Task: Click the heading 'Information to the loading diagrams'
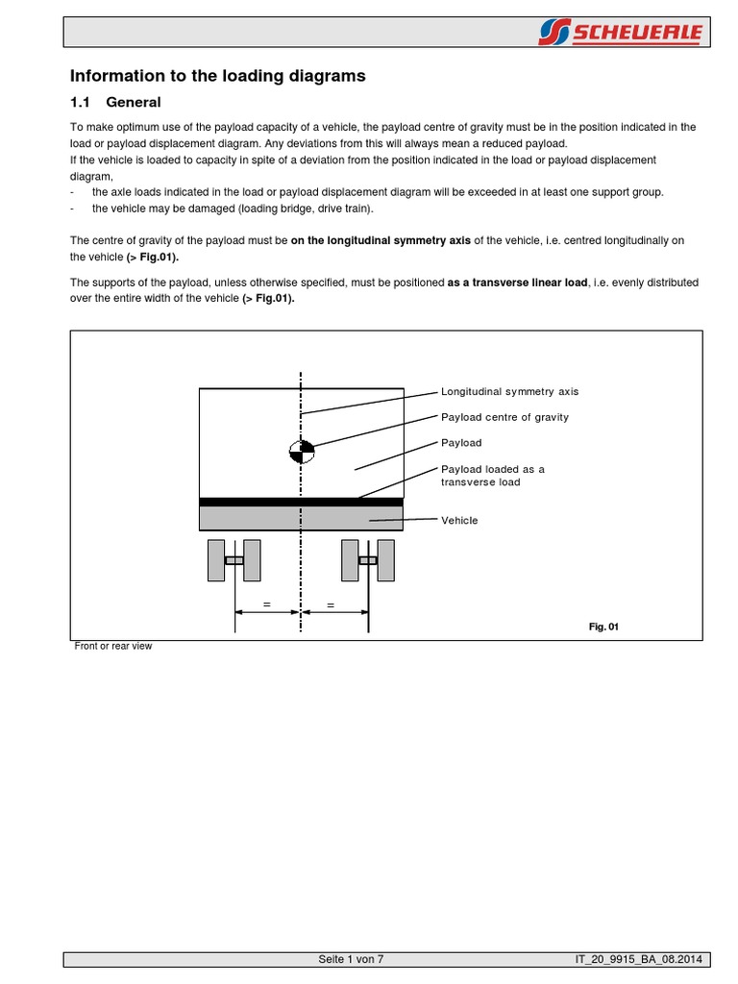[218, 76]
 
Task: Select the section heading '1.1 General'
[115, 102]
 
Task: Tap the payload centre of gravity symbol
[302, 451]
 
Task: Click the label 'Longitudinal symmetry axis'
[509, 392]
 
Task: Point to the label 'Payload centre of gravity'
[504, 417]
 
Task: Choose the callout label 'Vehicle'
[458, 520]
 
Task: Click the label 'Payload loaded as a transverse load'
[492, 476]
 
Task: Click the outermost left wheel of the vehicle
[216, 560]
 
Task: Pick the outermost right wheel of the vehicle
[385, 560]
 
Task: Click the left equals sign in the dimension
[267, 605]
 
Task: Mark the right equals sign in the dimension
[332, 605]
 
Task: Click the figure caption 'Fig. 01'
[603, 627]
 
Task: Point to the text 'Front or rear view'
[113, 647]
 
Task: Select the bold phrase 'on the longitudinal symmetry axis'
[381, 241]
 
